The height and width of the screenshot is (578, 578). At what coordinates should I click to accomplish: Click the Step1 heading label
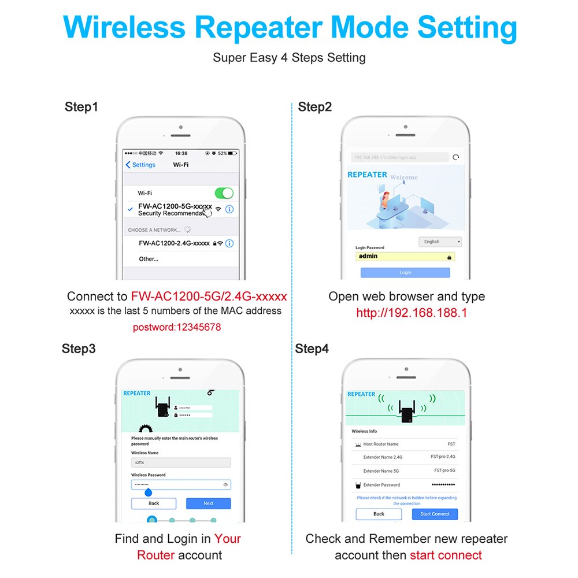pos(81,107)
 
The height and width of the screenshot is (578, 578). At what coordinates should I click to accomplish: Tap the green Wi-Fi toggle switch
pos(224,193)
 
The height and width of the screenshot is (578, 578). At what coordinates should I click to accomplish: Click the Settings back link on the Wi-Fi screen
pos(140,165)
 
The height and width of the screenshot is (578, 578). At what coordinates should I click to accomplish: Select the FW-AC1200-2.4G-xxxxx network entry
pos(174,243)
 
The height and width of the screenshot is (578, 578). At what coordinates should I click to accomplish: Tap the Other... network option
pos(149,259)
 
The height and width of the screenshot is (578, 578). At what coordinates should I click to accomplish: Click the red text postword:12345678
pos(177,327)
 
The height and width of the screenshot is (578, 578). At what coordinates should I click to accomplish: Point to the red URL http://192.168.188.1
pos(412,313)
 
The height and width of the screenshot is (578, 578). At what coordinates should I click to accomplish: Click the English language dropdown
pos(440,242)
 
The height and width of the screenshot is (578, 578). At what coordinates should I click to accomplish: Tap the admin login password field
pos(405,256)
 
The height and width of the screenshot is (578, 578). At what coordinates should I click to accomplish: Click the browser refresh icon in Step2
pos(456,157)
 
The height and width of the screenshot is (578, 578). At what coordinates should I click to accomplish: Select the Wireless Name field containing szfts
pos(181,462)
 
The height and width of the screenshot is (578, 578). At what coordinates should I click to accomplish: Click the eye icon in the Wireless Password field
pos(225,484)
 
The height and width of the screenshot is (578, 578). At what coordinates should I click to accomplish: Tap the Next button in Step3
pos(208,503)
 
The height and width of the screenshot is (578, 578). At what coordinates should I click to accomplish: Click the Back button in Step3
pos(154,503)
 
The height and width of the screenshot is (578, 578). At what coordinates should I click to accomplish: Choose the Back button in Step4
pos(379,514)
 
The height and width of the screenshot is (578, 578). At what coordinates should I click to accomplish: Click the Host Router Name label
pos(380,444)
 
